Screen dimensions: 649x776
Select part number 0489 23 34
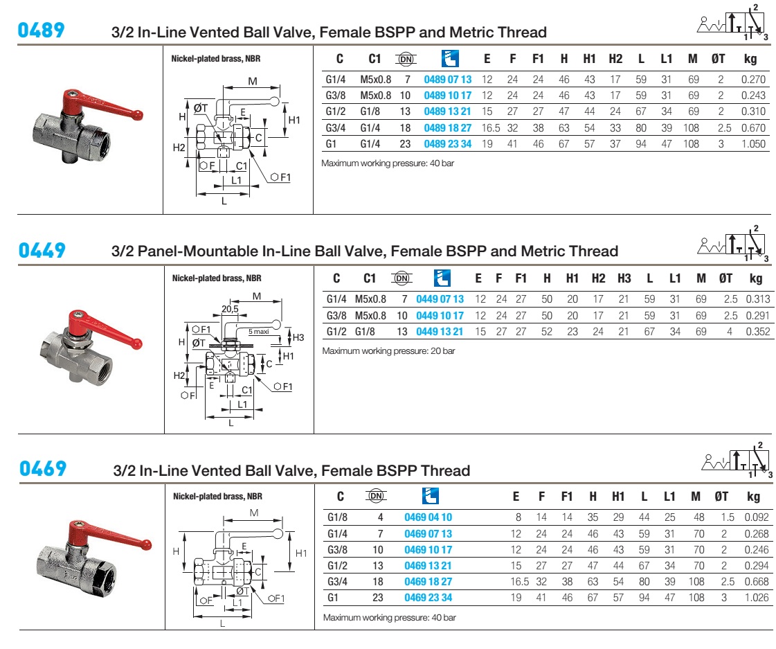[x=447, y=144]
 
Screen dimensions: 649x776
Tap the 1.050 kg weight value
[x=753, y=144]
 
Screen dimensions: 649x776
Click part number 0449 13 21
[x=440, y=331]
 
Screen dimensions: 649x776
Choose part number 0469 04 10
[x=428, y=517]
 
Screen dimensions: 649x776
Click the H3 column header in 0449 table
[x=624, y=278]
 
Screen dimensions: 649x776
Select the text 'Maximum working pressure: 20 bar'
[x=388, y=351]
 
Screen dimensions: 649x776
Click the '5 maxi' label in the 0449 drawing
[x=260, y=332]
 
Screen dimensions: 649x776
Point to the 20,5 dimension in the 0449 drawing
[x=231, y=309]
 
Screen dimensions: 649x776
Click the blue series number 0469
[x=43, y=469]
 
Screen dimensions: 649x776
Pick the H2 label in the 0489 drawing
[x=179, y=147]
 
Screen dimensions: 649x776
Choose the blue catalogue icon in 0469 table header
[x=429, y=495]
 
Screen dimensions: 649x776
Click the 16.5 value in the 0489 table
[x=487, y=127]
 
